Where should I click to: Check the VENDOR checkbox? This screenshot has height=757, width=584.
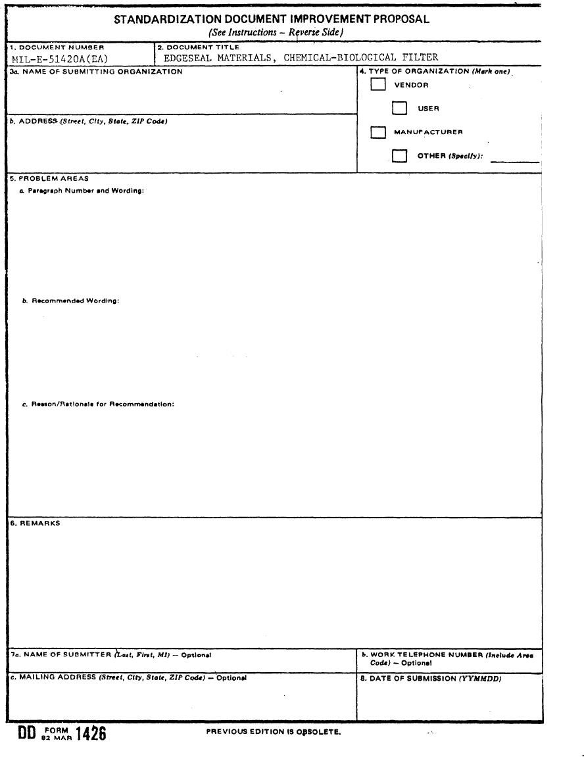(x=378, y=85)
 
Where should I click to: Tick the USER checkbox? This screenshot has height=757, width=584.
(x=399, y=108)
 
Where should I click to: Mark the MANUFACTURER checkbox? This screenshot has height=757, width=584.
(x=378, y=132)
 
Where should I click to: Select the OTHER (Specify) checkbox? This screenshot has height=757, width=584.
(x=399, y=156)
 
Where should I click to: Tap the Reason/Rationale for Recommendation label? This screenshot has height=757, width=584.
(x=99, y=404)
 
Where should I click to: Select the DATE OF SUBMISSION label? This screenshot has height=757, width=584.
(x=430, y=679)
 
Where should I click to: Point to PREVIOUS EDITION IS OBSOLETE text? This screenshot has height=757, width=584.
(x=274, y=732)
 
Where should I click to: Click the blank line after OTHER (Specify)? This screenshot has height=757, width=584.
(x=515, y=159)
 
